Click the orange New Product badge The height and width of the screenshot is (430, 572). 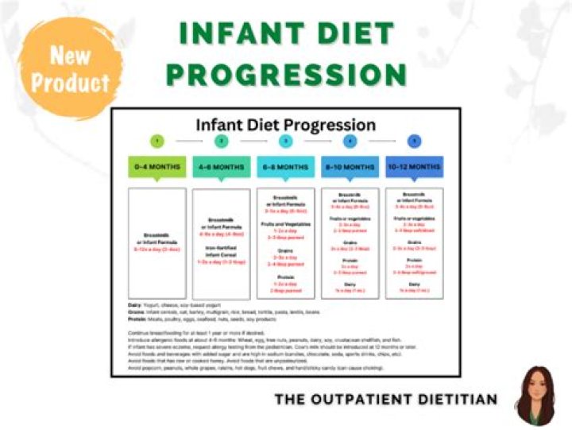click(x=69, y=69)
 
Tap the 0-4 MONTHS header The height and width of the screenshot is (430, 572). click(x=157, y=167)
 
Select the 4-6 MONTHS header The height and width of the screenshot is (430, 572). click(x=222, y=167)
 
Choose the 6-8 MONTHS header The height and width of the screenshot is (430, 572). click(x=286, y=167)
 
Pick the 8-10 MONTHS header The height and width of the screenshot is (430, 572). click(x=350, y=167)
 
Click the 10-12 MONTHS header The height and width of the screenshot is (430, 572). click(x=414, y=167)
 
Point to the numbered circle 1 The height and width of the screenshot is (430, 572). click(x=157, y=141)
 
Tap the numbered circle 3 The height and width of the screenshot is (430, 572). click(x=286, y=141)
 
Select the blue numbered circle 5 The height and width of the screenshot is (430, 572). click(x=414, y=141)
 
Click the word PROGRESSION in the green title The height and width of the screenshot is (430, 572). click(x=287, y=75)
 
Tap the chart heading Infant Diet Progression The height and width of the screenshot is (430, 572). click(x=286, y=124)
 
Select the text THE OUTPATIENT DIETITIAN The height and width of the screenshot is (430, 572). click(x=386, y=399)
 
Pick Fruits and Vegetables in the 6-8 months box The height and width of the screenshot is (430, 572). click(x=286, y=224)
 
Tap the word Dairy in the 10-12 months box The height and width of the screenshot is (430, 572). click(x=414, y=284)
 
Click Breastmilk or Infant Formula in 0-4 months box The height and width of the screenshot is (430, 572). click(x=157, y=239)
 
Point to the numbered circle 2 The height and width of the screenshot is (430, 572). click(x=222, y=141)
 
